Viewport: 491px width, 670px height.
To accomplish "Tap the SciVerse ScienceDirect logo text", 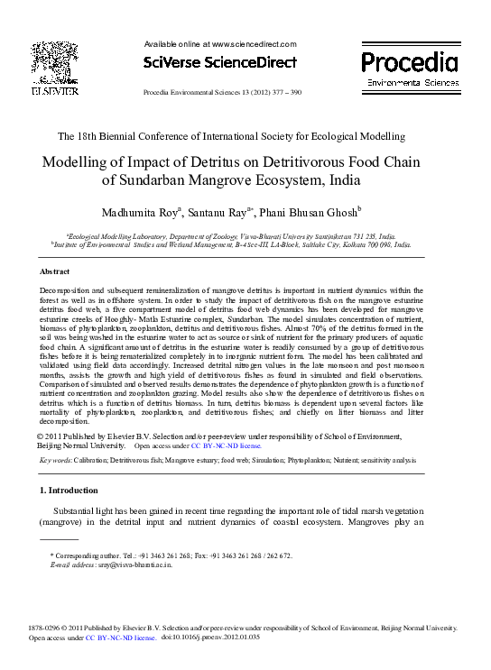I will pyautogui.click(x=220, y=63).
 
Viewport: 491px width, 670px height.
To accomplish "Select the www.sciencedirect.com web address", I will pyautogui.click(x=254, y=43).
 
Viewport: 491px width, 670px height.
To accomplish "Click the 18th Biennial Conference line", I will pyautogui.click(x=231, y=136).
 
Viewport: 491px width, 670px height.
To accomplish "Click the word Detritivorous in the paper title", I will pyautogui.click(x=322, y=163).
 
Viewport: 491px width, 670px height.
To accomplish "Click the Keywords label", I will pyautogui.click(x=56, y=460).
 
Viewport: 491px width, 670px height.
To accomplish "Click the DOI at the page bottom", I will pyautogui.click(x=210, y=637).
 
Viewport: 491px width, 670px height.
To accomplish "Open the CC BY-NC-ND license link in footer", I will pyautogui.click(x=121, y=637).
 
